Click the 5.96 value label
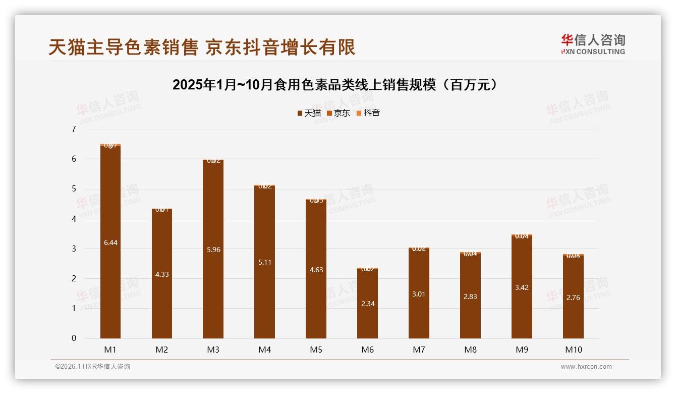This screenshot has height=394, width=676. pyautogui.click(x=213, y=250)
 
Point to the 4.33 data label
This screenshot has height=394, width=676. pyautogui.click(x=161, y=274)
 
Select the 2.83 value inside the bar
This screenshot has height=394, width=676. pyautogui.click(x=470, y=297)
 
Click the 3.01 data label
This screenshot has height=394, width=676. pyautogui.click(x=419, y=294)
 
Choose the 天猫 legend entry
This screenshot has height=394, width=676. pyautogui.click(x=309, y=113)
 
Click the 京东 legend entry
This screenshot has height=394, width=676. pyautogui.click(x=339, y=113)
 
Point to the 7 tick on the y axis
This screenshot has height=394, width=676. pyautogui.click(x=74, y=129)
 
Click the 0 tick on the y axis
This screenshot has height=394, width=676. pyautogui.click(x=74, y=338)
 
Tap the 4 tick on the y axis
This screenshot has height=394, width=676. pyautogui.click(x=74, y=219)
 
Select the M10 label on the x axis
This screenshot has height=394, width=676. pyautogui.click(x=573, y=350)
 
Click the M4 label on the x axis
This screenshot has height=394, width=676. pyautogui.click(x=264, y=350)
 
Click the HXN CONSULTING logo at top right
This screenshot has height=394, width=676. pyautogui.click(x=593, y=44)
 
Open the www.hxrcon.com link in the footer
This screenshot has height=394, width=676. pyautogui.click(x=586, y=367)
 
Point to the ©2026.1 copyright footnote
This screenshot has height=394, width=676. pyautogui.click(x=93, y=367)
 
